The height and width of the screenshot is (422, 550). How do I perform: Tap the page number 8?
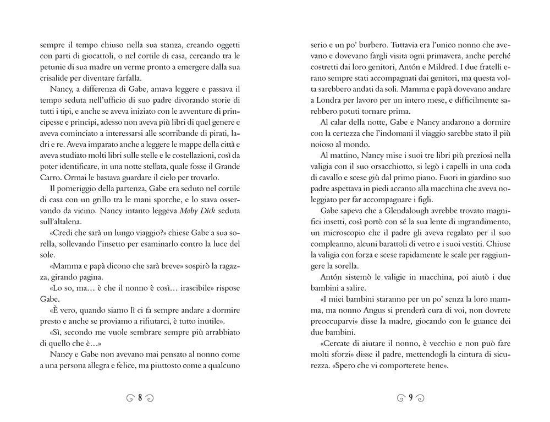[x=140, y=398]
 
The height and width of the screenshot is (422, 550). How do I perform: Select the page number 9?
[x=410, y=398]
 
